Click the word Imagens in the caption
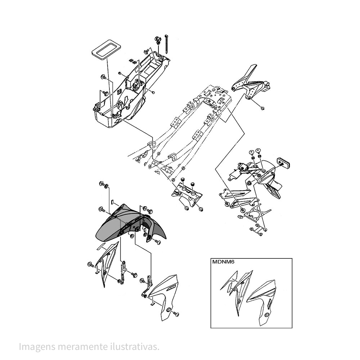point(37,346)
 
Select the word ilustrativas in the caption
point(135,346)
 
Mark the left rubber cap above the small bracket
point(183,179)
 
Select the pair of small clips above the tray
point(132,61)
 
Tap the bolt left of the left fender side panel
point(91,265)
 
